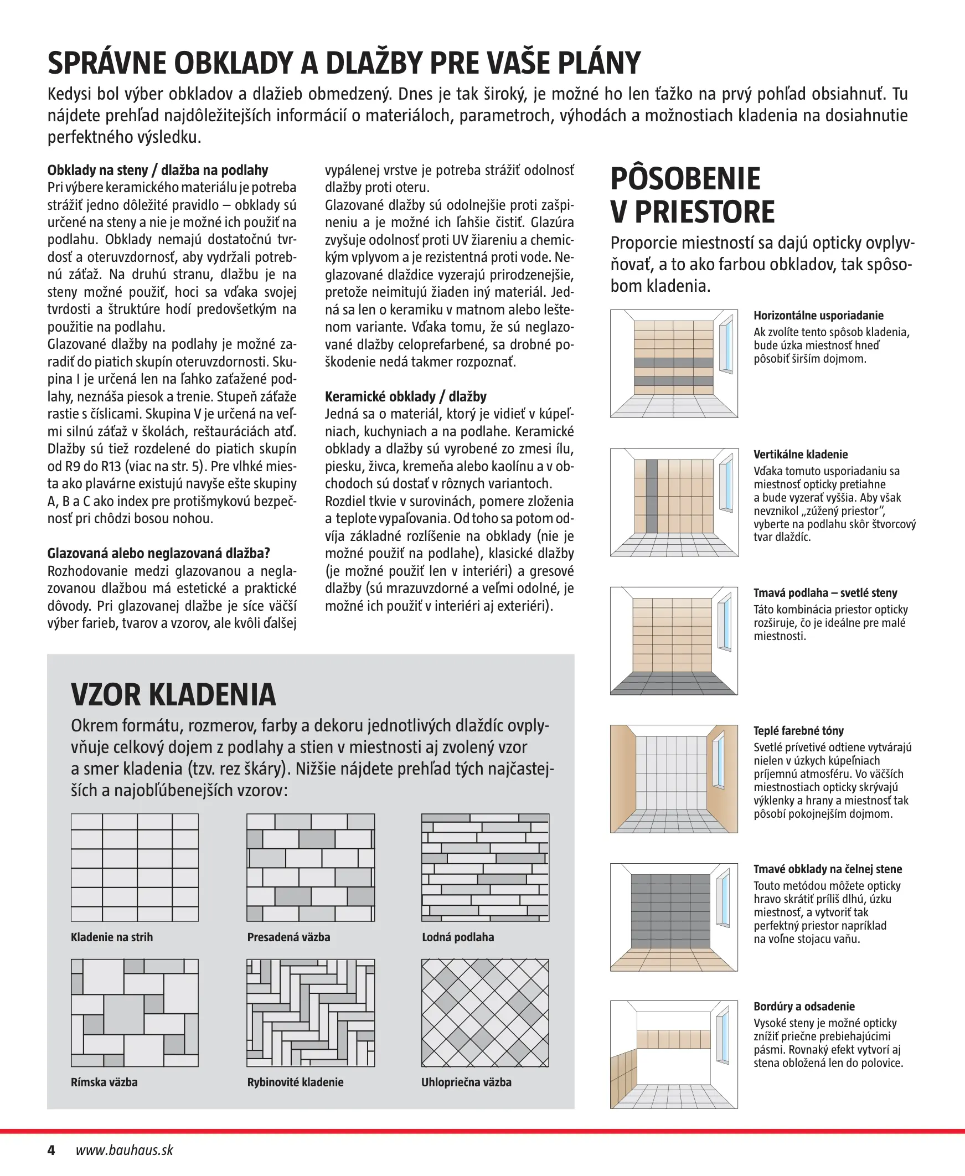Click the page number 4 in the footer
(x=51, y=1150)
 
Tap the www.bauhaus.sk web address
(x=125, y=1150)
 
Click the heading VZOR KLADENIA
(x=173, y=694)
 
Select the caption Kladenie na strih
(x=112, y=937)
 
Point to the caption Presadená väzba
(x=288, y=937)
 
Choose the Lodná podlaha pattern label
(x=458, y=937)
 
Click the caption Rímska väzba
(x=104, y=1082)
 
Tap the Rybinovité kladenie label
(x=295, y=1082)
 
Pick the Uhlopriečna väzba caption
(x=466, y=1082)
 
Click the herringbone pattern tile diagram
(x=311, y=1013)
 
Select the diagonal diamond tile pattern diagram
(x=486, y=1013)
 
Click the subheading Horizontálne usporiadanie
(x=818, y=316)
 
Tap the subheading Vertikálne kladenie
(x=801, y=455)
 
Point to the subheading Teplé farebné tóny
(x=798, y=731)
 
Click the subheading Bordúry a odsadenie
(x=804, y=1007)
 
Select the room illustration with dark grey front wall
(x=674, y=917)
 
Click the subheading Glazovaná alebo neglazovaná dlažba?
(x=158, y=554)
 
